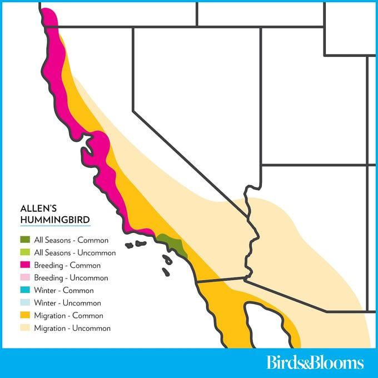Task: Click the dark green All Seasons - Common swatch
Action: click(x=24, y=240)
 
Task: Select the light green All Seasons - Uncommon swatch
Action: click(x=24, y=253)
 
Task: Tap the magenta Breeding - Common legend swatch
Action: click(x=24, y=265)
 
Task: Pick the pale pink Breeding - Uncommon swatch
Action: click(x=24, y=278)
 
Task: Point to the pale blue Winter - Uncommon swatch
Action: click(x=24, y=303)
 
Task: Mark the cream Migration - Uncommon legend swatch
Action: click(x=24, y=328)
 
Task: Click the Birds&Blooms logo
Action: click(x=315, y=363)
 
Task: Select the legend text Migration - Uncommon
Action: click(x=72, y=328)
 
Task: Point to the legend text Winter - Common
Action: click(x=64, y=291)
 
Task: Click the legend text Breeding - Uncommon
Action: click(x=71, y=278)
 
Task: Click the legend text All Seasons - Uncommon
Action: click(x=75, y=253)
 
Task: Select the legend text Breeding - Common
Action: click(x=67, y=265)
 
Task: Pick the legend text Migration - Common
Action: click(x=68, y=316)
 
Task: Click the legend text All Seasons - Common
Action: click(x=71, y=240)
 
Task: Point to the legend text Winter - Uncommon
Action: click(x=68, y=303)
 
